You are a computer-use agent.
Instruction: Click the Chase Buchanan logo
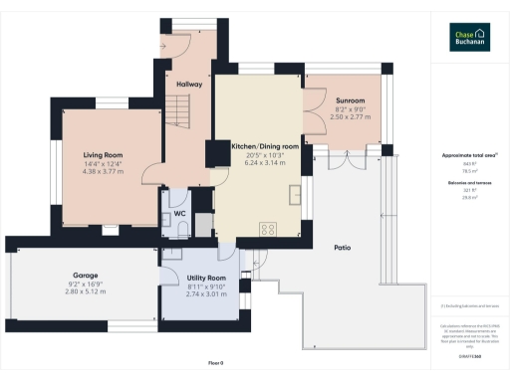click(468, 36)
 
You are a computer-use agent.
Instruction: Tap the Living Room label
click(102, 154)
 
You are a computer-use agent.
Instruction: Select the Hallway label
click(189, 85)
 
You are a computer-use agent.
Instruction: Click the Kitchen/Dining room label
click(264, 145)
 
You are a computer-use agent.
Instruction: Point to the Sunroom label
click(350, 100)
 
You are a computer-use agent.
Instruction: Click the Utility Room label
click(206, 278)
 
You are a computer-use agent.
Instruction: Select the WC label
click(180, 212)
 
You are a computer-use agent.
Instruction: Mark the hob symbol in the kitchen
click(267, 229)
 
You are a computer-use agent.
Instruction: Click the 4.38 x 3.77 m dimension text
click(102, 170)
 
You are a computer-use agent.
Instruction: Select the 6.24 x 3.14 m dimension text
click(264, 162)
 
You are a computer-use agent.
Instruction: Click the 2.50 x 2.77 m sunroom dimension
click(350, 116)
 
